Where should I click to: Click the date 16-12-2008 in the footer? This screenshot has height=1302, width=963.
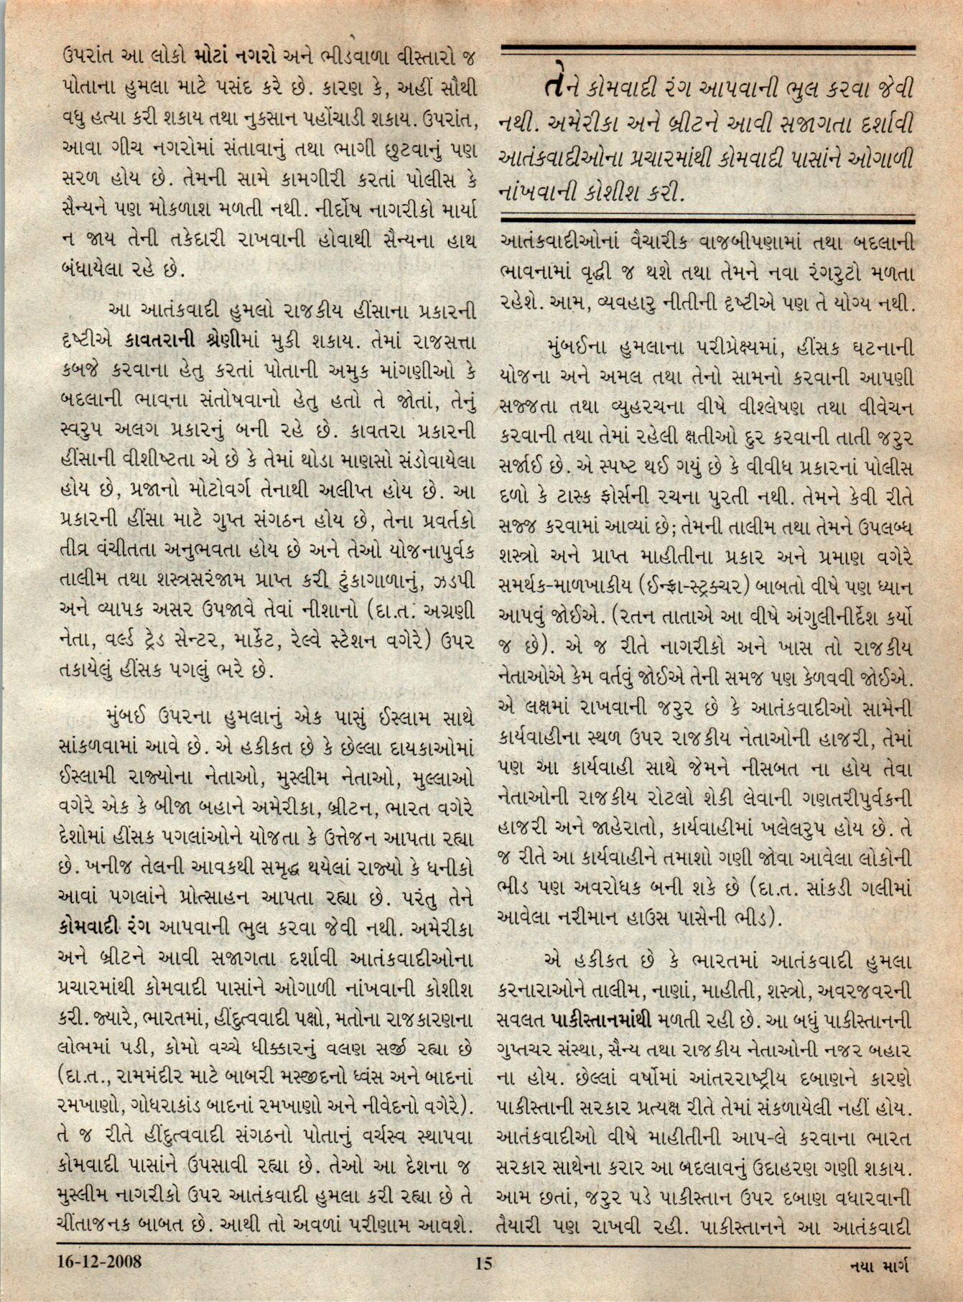pyautogui.click(x=100, y=1280)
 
